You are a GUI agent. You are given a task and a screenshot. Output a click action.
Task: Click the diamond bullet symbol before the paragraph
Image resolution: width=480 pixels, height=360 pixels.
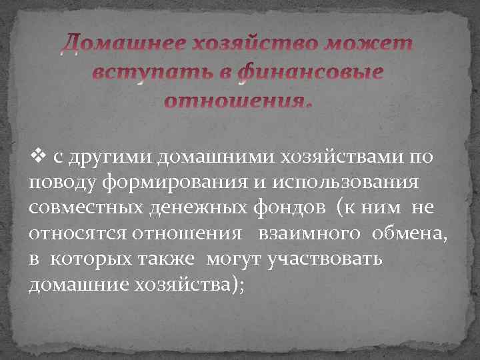[x=37, y=157]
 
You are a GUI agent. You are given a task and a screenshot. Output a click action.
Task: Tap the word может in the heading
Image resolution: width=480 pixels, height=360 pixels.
[x=368, y=45]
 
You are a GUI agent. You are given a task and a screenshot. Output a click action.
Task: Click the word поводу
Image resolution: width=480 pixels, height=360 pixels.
[x=63, y=182]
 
